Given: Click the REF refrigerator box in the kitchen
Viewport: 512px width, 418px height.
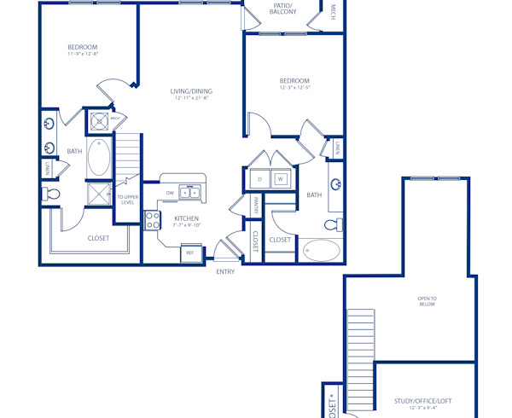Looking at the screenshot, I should tap(189, 253).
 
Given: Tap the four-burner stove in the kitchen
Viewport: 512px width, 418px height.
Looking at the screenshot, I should tap(153, 221).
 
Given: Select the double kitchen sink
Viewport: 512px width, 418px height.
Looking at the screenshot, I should tap(189, 193).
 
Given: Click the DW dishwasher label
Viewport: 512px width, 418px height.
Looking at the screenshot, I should tap(169, 193).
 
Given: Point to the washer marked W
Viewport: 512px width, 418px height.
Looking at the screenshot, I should tap(279, 179).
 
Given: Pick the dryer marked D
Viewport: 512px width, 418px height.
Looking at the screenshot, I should tap(259, 179).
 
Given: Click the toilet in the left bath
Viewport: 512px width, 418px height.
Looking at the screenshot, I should tap(52, 195).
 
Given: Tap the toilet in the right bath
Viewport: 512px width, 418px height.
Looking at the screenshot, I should tap(334, 226).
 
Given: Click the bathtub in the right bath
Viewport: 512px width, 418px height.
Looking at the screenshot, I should tap(321, 251).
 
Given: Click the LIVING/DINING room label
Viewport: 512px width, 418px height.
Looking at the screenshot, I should tap(191, 91).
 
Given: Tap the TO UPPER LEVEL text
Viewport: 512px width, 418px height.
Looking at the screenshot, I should tap(126, 199).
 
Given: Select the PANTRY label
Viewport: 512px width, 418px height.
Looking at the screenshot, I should tap(256, 205).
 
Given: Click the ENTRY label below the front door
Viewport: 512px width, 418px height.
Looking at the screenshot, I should tap(225, 272).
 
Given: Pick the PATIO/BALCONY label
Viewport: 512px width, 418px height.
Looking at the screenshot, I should tap(283, 9).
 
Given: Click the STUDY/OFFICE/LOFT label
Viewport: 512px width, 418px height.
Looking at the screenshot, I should tap(423, 400).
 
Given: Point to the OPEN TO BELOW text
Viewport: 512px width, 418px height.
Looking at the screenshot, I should tap(427, 300).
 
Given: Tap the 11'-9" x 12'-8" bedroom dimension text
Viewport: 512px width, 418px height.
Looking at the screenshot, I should tap(83, 55).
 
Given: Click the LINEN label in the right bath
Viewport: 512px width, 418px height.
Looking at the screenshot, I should tap(338, 149).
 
